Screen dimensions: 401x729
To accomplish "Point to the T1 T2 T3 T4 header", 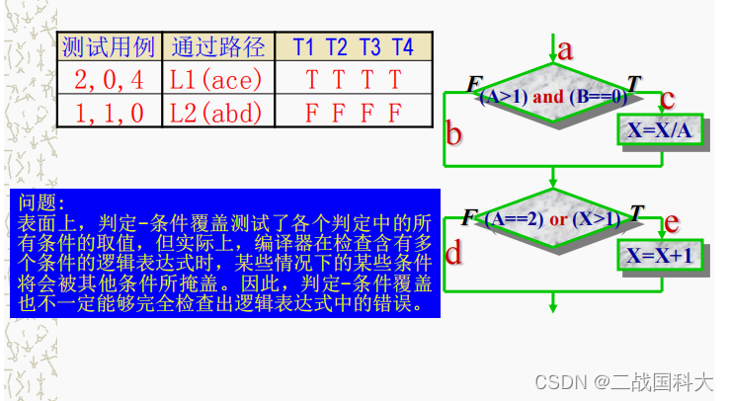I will pos(353,47).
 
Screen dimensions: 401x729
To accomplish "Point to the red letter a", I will pos(565,49).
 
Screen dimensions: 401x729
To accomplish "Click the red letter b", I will pos(454,132).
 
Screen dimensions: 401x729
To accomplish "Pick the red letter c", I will pos(668,99).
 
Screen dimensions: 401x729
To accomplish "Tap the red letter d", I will pos(453,255).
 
